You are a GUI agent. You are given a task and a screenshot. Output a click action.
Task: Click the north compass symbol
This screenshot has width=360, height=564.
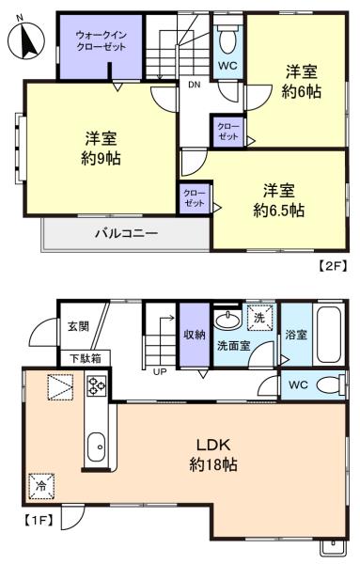tap(25, 40)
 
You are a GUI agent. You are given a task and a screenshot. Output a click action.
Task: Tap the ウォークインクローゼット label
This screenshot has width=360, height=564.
tap(102, 40)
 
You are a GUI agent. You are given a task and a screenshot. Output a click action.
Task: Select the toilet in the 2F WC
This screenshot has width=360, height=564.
tap(227, 39)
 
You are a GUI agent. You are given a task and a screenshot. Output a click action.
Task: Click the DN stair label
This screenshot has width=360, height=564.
tap(195, 85)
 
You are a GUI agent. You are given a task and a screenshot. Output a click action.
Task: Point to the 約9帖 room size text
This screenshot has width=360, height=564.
tap(101, 158)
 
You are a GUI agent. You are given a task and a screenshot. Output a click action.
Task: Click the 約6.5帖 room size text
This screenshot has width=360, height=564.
tap(279, 211)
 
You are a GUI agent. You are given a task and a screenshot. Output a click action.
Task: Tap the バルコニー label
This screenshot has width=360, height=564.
tap(126, 234)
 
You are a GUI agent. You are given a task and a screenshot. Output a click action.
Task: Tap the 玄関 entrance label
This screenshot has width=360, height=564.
tap(78, 326)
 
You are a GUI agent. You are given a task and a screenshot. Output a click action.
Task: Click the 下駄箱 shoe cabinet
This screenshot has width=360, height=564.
tap(86, 359)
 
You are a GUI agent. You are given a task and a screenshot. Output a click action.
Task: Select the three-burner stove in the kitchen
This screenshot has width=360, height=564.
tap(97, 385)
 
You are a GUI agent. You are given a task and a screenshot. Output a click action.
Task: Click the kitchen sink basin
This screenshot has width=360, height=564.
tap(97, 446)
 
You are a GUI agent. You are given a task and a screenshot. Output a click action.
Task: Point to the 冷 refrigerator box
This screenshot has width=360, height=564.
tap(41, 486)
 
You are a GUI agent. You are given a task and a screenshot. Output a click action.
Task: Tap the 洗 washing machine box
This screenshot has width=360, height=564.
tap(259, 318)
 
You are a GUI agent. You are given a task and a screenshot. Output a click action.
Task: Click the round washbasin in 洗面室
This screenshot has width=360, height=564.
tap(227, 319)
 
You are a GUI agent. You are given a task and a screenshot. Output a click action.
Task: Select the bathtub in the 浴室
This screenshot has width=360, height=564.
tap(329, 335)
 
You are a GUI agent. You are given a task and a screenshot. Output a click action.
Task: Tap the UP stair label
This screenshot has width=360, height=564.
tap(160, 371)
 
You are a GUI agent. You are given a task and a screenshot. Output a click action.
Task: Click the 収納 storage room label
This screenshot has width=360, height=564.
tap(195, 335)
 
